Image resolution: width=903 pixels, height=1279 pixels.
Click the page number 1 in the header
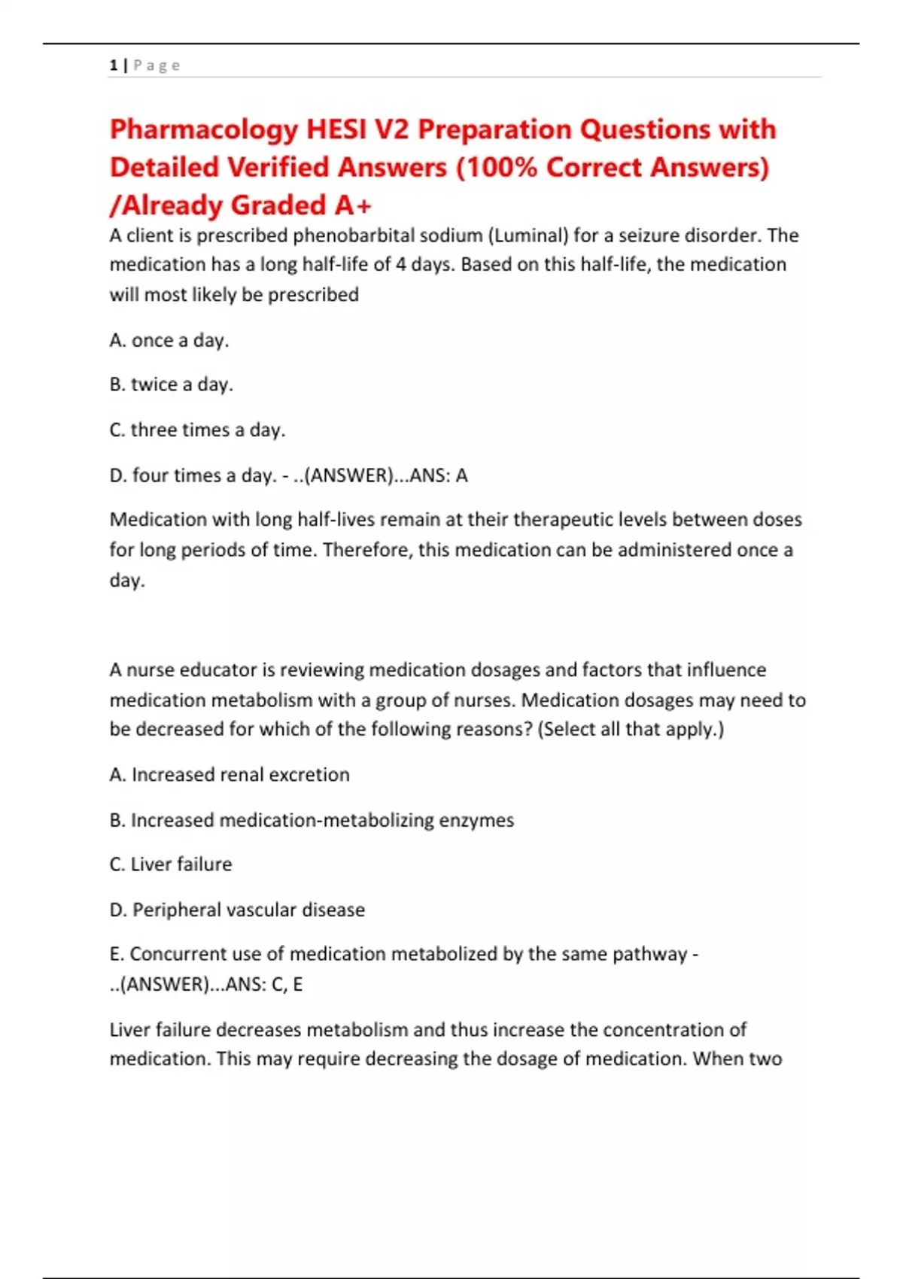click(x=113, y=65)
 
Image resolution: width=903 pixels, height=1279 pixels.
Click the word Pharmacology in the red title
click(x=204, y=129)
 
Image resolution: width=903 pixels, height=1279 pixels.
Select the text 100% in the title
click(x=501, y=167)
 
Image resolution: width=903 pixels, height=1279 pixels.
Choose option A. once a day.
click(x=169, y=340)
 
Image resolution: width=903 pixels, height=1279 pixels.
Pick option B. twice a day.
click(x=172, y=384)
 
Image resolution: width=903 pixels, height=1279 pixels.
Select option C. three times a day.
click(x=197, y=430)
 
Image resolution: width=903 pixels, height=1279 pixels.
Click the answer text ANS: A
click(x=438, y=475)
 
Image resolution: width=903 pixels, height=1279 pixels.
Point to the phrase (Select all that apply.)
click(x=631, y=729)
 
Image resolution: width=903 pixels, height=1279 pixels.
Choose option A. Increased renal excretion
click(x=230, y=774)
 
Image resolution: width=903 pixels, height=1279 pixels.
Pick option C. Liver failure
click(x=171, y=864)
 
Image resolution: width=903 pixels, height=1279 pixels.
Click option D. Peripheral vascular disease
click(x=237, y=910)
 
